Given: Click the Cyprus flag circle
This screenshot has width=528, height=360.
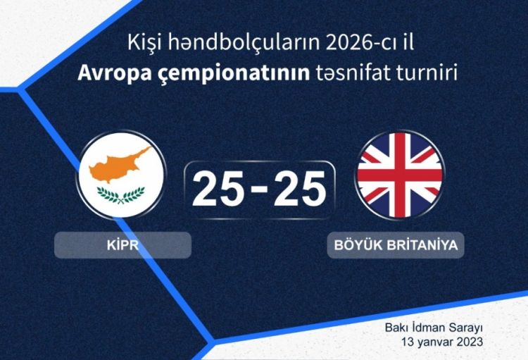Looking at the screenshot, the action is tap(121, 175).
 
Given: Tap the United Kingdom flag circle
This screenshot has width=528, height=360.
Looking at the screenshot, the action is tap(400, 175).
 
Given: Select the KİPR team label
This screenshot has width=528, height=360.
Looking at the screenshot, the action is tap(123, 245).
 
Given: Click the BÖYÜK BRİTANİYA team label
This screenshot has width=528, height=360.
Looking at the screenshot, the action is tap(396, 245).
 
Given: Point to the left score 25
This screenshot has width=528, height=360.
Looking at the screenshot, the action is tap(218, 188).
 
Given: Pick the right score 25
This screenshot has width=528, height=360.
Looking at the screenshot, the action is tap(300, 188).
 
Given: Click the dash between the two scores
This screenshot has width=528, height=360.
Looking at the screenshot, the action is tap(259, 189).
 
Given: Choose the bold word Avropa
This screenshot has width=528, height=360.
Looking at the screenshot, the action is tap(115, 74).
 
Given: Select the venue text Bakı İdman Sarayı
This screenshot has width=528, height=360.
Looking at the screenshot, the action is tap(434, 328).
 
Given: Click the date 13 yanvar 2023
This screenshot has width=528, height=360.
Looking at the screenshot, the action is tap(442, 342).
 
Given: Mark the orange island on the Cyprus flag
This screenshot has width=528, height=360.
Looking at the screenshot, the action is tap(118, 164).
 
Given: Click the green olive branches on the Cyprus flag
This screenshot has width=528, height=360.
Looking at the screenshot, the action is tap(121, 196).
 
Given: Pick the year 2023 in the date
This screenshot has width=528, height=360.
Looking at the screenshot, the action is tap(470, 342).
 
